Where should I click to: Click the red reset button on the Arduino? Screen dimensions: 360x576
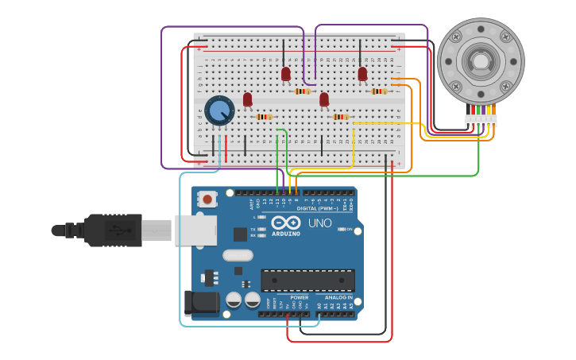pos(207,199)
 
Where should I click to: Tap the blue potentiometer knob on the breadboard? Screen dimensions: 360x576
pos(218,111)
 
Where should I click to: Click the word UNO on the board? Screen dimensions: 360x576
pos(319,223)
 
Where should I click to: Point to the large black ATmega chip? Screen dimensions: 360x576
pos(307,281)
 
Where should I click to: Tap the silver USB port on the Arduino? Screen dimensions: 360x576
pos(195,230)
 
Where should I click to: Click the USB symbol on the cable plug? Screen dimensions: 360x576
pos(116,230)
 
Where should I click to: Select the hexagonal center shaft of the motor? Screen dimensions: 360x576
pos(480,61)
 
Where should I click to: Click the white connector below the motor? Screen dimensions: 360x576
pos(481,121)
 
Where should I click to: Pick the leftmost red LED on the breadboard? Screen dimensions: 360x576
pos(247,99)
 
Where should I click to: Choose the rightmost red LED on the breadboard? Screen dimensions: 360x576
pos(362,74)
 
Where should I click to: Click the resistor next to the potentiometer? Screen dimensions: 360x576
pos(264,117)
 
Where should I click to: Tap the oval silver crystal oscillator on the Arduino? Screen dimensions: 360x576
pos(238,255)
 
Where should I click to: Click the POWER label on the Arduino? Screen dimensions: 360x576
pos(299,298)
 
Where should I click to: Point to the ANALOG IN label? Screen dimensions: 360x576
pos(338,298)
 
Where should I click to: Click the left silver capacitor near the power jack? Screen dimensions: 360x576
pos(234,300)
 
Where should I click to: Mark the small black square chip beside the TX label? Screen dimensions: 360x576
pos(240,234)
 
